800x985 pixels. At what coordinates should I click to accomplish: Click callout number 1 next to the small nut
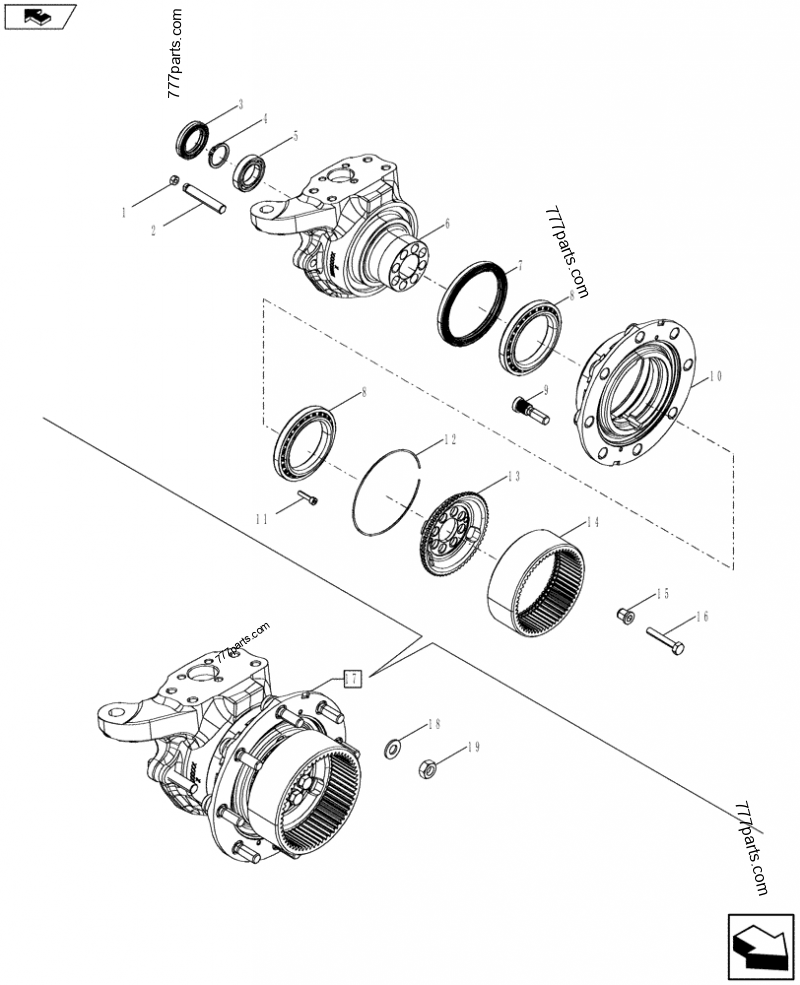pyautogui.click(x=124, y=211)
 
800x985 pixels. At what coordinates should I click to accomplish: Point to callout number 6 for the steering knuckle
pyautogui.click(x=447, y=224)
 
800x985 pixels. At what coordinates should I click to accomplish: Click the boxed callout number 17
pyautogui.click(x=351, y=678)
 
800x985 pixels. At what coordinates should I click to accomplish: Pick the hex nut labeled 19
pyautogui.click(x=426, y=771)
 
